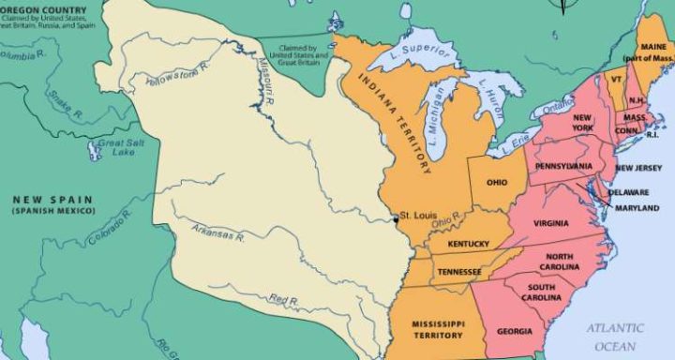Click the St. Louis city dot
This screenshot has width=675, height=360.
tap(395, 218)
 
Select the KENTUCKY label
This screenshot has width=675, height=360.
tap(469, 244)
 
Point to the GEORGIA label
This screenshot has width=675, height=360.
tap(516, 331)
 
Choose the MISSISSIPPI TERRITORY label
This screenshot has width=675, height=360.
tap(439, 329)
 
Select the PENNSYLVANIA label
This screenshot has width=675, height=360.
tap(563, 166)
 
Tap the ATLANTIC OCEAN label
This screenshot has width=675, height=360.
tap(616, 335)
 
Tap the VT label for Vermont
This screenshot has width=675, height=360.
tap(616, 80)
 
